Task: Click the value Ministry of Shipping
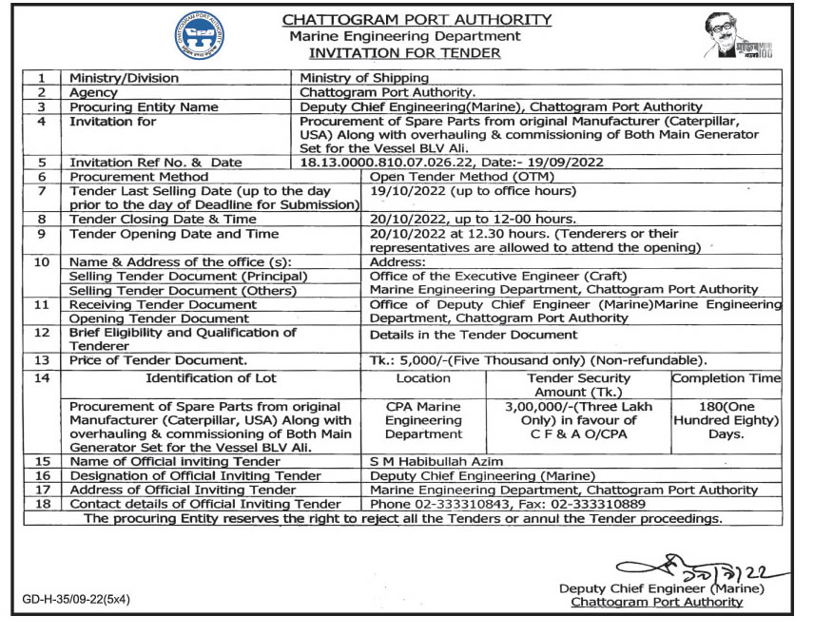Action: coord(364,78)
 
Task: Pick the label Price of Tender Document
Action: coord(158,360)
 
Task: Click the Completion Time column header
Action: coord(727,377)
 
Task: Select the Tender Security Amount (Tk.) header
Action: coord(577,385)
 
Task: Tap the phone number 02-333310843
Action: coord(462,504)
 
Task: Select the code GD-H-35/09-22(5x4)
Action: coord(77,600)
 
